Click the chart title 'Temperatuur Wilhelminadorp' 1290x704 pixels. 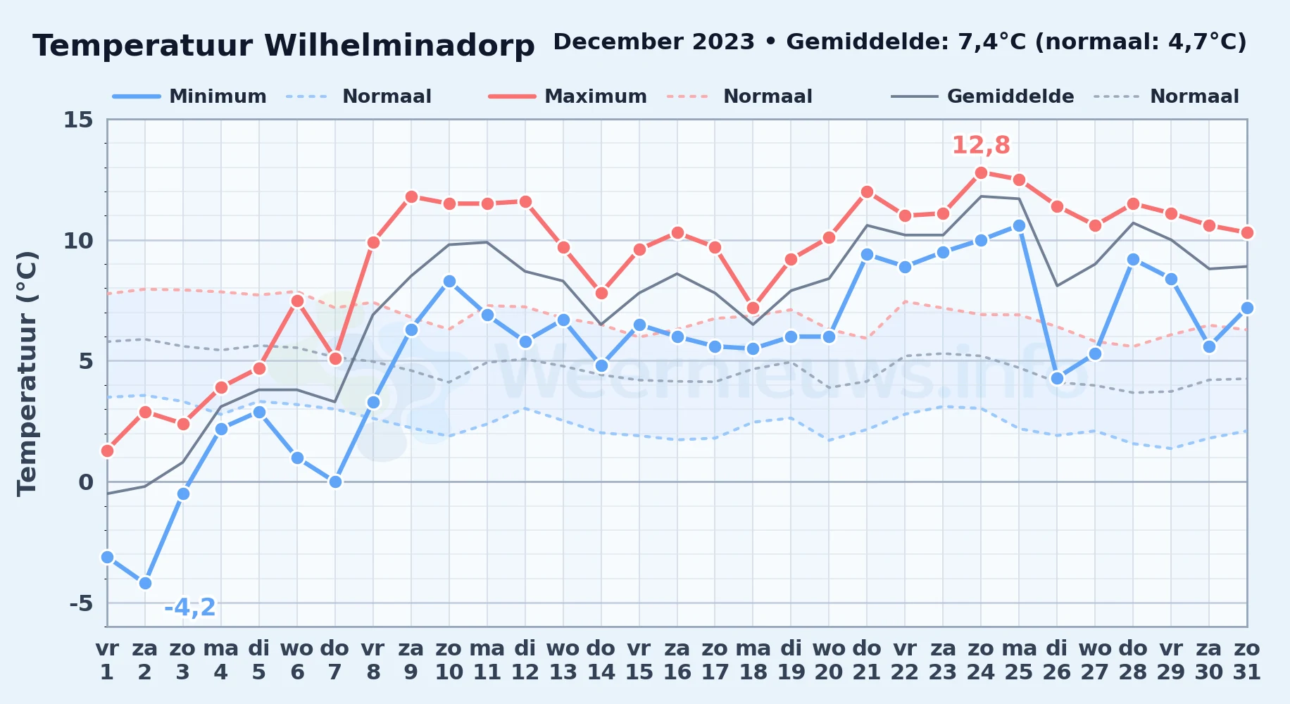coord(284,46)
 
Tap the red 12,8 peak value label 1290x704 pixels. coord(981,146)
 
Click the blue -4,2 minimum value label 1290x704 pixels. coord(190,607)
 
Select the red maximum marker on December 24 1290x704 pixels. coord(981,172)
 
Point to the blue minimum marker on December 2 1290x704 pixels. coord(145,583)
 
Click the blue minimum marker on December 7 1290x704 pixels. coord(335,482)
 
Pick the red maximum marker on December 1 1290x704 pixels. coord(107,451)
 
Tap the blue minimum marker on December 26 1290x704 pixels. coord(1057,378)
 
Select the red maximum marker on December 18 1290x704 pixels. coord(753,308)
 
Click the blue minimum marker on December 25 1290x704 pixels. coord(1019,225)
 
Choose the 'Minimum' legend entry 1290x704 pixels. coord(189,96)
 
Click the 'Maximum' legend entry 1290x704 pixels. coord(568,96)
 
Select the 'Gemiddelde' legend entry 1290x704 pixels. coord(983,96)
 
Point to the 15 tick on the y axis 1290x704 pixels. coord(78,120)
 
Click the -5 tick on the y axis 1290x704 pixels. coord(81,603)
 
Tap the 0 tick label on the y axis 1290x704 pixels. coord(86,482)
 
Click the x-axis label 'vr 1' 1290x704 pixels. coord(107,660)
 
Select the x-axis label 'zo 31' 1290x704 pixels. coord(1247,660)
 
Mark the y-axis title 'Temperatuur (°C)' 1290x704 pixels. coord(27,373)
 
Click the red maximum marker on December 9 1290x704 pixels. coord(411,196)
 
